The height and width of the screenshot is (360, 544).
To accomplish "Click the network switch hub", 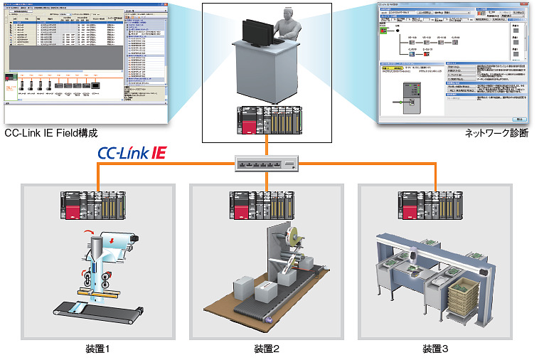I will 267,164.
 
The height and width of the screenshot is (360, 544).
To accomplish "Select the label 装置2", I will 267,349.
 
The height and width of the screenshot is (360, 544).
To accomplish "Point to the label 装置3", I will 435,349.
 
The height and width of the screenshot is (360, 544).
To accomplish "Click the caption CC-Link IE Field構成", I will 50,133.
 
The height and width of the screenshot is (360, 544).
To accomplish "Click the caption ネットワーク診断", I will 496,133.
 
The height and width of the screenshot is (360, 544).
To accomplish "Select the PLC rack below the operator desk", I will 267,120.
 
